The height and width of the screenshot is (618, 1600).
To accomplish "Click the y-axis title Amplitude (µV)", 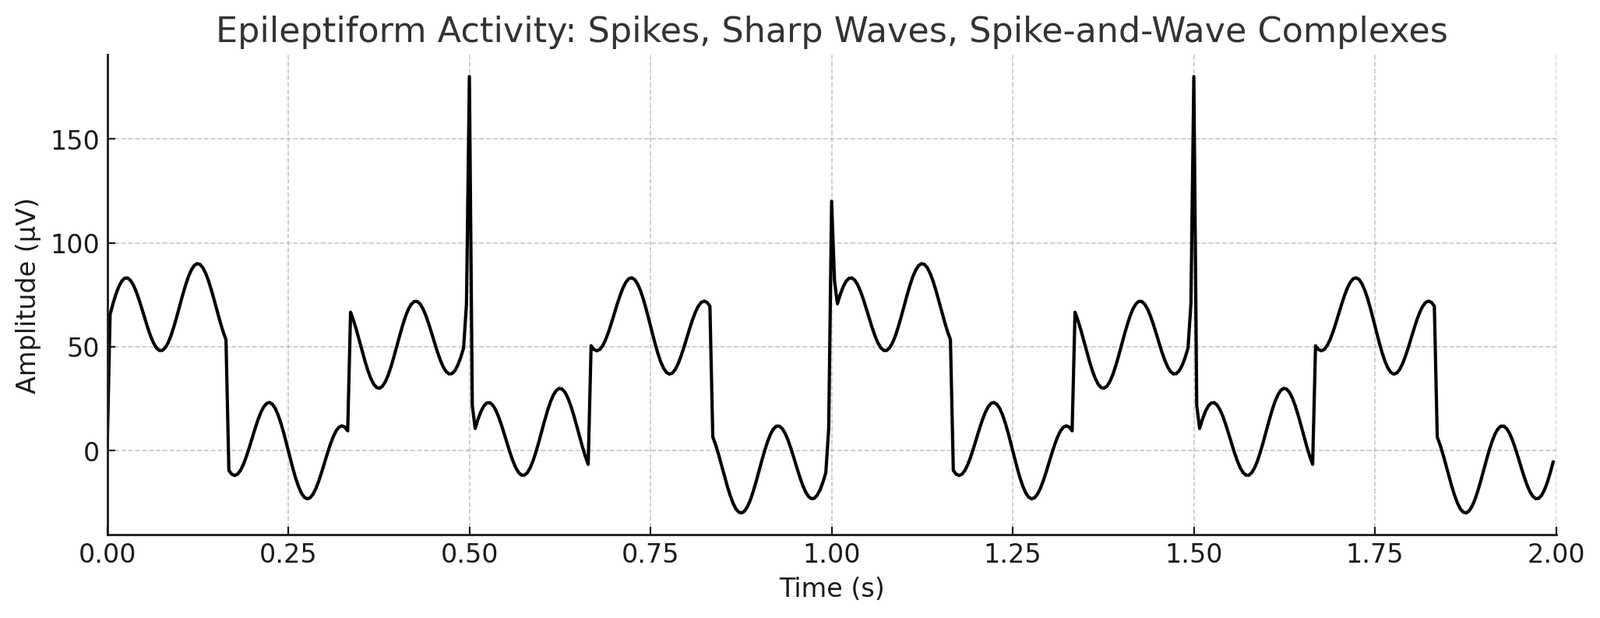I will (26, 296).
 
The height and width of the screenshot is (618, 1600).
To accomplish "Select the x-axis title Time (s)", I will (831, 588).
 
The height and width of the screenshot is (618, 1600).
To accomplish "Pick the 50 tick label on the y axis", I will (82, 348).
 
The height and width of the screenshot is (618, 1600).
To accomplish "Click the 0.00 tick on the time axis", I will (107, 554).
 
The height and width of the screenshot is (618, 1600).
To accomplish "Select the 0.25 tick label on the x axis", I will (288, 554).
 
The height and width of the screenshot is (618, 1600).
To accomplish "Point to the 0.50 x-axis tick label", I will (469, 554).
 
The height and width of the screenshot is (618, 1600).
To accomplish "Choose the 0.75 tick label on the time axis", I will (650, 554).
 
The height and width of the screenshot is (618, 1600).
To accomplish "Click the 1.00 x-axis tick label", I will (831, 554).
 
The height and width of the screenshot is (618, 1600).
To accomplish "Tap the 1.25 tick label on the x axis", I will (1013, 554).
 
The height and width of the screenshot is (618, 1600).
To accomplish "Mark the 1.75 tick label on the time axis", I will (1375, 554).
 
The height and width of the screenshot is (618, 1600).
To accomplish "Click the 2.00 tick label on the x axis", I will (1556, 554).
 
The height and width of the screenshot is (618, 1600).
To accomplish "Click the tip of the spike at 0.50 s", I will (469, 77).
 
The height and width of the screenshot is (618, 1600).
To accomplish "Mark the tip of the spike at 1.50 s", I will (1193, 77).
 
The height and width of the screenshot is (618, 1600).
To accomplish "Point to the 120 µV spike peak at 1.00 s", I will (831, 202).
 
